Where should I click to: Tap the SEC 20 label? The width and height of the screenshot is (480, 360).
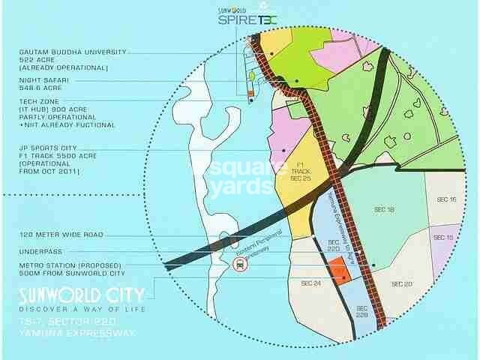point(402,283)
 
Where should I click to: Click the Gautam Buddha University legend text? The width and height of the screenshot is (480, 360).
point(73,58)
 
